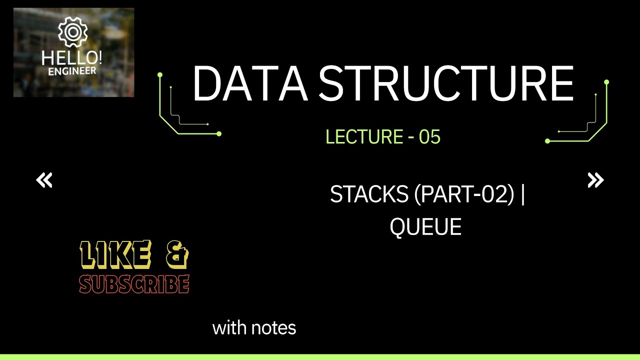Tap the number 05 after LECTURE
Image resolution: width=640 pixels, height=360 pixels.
point(429,136)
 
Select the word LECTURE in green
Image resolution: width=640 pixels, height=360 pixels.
point(364,136)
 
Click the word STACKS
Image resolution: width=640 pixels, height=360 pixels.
point(369,194)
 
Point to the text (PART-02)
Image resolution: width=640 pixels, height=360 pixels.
point(464,194)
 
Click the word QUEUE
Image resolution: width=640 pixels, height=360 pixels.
point(425,227)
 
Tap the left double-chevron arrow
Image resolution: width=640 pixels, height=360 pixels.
point(44,180)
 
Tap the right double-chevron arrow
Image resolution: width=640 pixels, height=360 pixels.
point(595,180)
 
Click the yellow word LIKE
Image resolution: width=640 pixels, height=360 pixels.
point(115,254)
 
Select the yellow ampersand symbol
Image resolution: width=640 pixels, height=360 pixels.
point(176,254)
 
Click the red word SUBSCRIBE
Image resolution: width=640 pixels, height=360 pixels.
point(134,284)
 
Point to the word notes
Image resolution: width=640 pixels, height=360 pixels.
point(273,328)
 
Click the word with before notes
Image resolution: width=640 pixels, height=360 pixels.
point(229,328)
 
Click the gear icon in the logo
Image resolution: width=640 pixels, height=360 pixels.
point(73,32)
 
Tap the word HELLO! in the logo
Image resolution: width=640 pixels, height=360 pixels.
point(71,58)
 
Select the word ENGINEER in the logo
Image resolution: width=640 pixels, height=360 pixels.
point(71,71)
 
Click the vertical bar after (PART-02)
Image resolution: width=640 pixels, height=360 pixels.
point(523,194)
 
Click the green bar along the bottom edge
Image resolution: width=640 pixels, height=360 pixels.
point(320,357)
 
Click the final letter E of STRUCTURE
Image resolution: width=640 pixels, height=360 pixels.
point(562,84)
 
